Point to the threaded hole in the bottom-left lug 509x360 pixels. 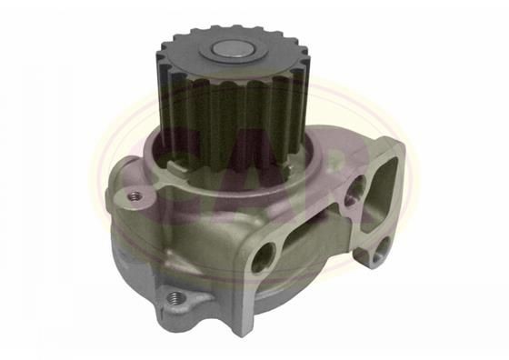tap(177, 297)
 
